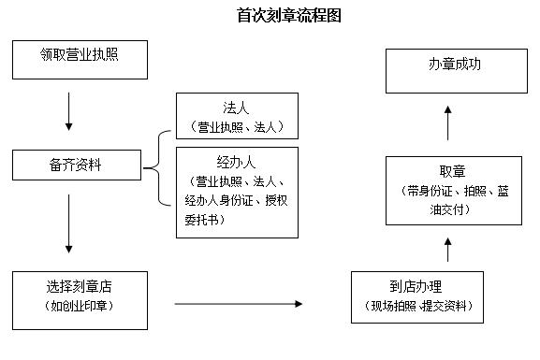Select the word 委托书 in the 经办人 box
click(205, 220)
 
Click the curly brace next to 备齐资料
click(159, 168)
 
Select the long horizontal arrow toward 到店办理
click(239, 304)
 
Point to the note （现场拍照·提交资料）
click(417, 307)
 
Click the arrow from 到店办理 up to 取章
click(447, 250)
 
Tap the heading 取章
click(451, 171)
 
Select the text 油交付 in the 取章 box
click(451, 209)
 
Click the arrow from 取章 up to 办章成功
click(447, 122)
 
